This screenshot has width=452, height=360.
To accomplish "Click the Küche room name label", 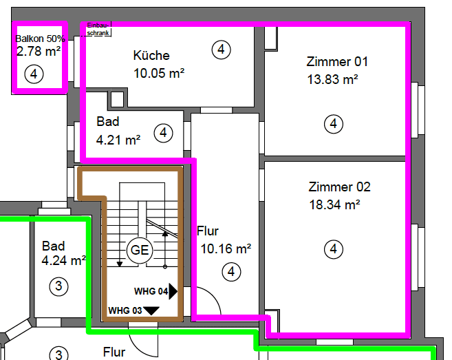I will click(151, 56).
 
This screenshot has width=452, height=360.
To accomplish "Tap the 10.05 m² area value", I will click(158, 72).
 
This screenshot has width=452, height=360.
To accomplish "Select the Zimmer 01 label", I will click(337, 61).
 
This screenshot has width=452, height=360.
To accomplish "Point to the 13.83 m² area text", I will click(332, 79).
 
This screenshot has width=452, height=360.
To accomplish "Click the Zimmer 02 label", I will click(340, 187).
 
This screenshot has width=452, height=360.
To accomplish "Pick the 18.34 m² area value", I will click(334, 204).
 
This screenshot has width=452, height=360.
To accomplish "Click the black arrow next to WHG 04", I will click(173, 291).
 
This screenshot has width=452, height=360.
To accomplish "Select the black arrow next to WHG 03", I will click(151, 310).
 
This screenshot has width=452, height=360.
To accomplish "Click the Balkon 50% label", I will click(41, 39).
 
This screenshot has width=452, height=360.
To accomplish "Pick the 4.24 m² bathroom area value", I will click(63, 261).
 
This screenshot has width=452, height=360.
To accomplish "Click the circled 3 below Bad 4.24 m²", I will click(59, 286).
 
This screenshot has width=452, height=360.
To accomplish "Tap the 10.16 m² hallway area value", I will click(225, 248).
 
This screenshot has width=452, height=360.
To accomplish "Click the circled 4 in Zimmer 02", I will click(334, 249).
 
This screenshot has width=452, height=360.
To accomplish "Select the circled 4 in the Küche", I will click(221, 50).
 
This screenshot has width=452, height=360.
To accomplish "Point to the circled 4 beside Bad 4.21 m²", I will click(163, 132).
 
